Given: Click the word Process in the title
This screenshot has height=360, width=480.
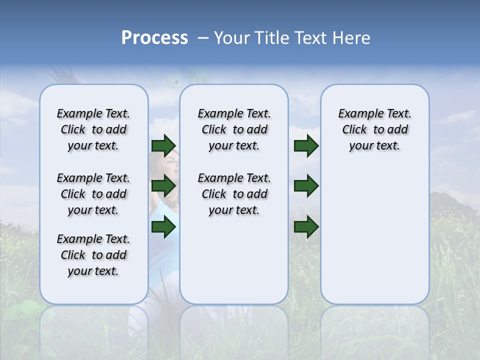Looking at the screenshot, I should (154, 38).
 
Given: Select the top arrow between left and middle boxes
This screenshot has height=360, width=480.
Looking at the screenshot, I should (163, 145).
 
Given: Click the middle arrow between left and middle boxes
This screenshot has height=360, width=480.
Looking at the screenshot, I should (163, 186).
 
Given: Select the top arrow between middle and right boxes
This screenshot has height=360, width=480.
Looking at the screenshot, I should (306, 145).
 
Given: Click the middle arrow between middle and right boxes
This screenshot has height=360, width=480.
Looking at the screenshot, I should (306, 186).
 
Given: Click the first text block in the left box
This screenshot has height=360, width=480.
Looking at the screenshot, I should (93, 129).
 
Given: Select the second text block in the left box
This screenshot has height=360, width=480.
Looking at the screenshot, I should (93, 194).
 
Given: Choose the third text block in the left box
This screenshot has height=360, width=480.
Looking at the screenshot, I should (93, 255).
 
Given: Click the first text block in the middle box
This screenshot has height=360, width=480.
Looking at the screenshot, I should (234, 129).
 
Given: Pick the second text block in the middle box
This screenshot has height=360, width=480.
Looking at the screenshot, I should (234, 194).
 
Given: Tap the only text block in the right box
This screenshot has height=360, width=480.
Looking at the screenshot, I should (374, 129).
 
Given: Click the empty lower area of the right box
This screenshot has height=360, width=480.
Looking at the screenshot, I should (374, 240).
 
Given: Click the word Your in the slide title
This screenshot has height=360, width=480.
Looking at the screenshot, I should (232, 38).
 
